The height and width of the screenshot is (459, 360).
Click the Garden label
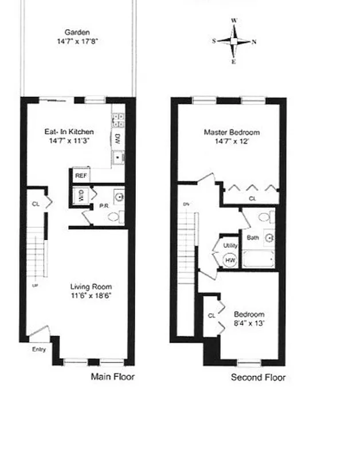77,33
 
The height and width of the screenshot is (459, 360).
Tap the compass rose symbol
234,41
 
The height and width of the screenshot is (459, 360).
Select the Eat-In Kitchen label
69,132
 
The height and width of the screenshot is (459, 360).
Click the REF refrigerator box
80,176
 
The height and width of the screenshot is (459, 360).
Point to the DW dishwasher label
116,138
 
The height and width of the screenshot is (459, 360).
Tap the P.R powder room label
104,205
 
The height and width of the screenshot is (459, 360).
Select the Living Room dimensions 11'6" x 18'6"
91,296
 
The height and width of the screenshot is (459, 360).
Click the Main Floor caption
113,377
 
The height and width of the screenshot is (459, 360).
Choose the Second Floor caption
257,378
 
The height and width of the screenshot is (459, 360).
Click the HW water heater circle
230,260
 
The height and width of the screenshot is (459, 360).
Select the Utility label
230,244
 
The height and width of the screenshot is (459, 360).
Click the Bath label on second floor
252,237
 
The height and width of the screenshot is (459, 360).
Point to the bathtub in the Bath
259,260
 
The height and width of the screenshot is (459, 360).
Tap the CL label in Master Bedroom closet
252,199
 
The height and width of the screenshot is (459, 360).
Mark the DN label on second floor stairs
186,204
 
